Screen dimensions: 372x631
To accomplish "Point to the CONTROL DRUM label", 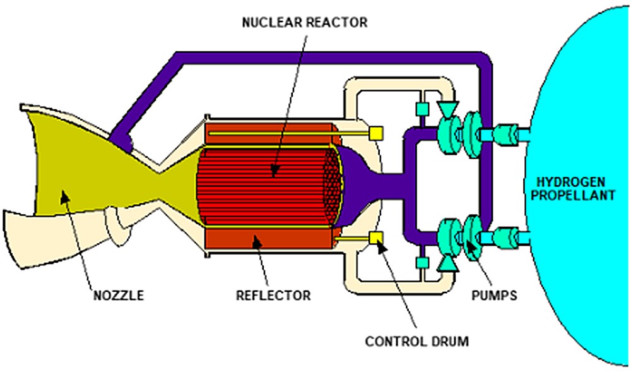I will pyautogui.click(x=417, y=342).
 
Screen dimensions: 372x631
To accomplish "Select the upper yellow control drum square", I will pyautogui.click(x=376, y=133).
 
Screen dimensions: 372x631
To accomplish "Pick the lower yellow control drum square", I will pyautogui.click(x=376, y=237).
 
